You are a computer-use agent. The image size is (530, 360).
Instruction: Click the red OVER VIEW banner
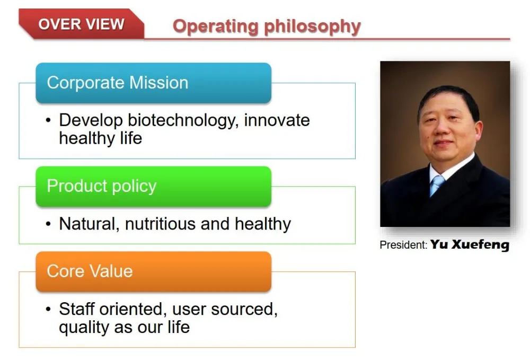pyautogui.click(x=82, y=24)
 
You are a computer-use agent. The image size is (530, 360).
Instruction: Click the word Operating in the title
pyautogui.click(x=215, y=27)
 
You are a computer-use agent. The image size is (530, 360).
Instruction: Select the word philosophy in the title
pyautogui.click(x=313, y=27)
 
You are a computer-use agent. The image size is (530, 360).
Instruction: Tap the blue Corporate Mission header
pyautogui.click(x=154, y=83)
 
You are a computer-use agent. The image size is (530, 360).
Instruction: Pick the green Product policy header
pyautogui.click(x=154, y=186)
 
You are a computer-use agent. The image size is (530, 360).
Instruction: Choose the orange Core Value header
pyautogui.click(x=154, y=271)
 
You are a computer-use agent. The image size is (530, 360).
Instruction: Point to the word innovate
pyautogui.click(x=277, y=120)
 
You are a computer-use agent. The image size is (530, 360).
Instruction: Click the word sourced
pyautogui.click(x=244, y=309)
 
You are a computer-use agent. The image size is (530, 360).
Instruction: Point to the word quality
pyautogui.click(x=84, y=327)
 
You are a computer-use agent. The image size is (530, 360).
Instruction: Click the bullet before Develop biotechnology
pyautogui.click(x=48, y=120)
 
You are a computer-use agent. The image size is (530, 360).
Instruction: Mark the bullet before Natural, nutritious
pyautogui.click(x=48, y=224)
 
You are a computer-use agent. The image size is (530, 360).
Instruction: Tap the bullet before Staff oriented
pyautogui.click(x=48, y=309)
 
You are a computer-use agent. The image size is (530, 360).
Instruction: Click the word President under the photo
pyautogui.click(x=403, y=245)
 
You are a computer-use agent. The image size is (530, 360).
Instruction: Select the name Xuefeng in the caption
pyautogui.click(x=480, y=245)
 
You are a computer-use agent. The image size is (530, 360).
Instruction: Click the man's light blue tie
pyautogui.click(x=436, y=185)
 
